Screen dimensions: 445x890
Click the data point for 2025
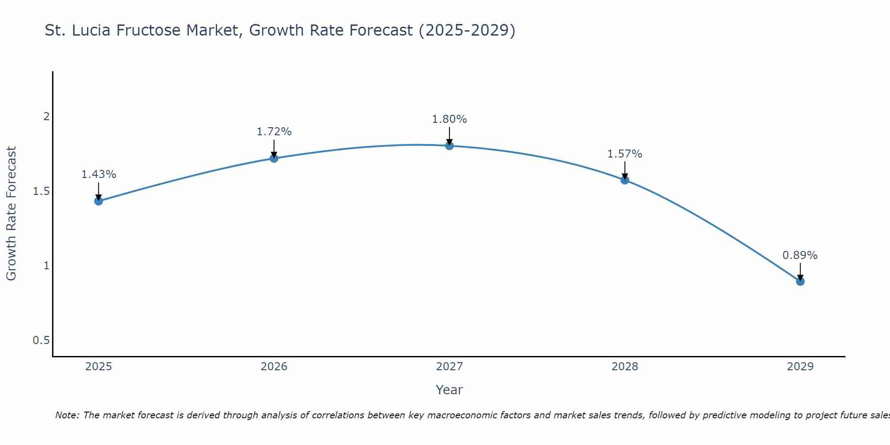[x=98, y=201]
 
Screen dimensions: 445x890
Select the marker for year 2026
[x=274, y=158]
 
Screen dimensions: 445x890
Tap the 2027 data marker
[x=449, y=146]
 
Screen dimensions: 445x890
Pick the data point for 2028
[x=625, y=180]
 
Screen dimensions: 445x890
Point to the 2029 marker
[x=800, y=281]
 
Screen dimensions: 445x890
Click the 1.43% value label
[x=98, y=174]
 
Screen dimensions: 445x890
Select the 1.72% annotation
[x=274, y=132]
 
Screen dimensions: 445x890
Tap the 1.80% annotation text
[x=449, y=119]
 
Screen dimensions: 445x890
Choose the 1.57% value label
[x=625, y=154]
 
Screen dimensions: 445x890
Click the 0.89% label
[x=800, y=255]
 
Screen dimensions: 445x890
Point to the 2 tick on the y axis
[x=46, y=117]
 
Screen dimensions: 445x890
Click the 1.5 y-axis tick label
[x=41, y=191]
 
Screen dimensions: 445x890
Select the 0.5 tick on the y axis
[x=41, y=340]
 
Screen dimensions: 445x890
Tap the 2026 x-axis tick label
[x=274, y=367]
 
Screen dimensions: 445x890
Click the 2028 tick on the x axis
[x=625, y=367]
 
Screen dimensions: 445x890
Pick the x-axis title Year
[x=449, y=390]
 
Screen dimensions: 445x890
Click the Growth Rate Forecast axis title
[x=11, y=214]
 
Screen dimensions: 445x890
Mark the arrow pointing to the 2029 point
[x=800, y=271]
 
